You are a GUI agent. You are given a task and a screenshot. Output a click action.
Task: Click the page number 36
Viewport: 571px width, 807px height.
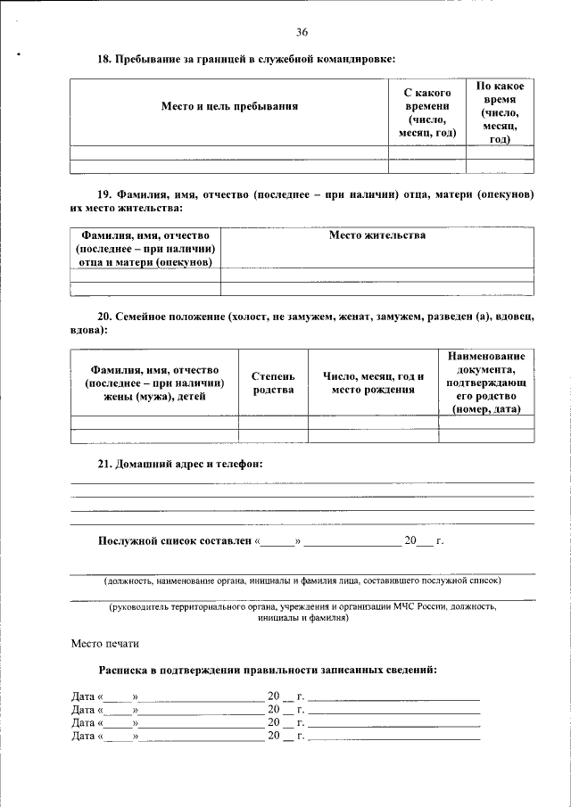point(302,33)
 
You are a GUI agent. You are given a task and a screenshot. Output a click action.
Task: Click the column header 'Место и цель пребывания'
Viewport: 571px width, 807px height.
point(229,106)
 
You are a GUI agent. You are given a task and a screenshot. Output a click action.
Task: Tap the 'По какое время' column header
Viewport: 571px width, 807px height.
point(500,112)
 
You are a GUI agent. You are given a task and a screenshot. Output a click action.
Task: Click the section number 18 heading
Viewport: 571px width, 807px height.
point(104,59)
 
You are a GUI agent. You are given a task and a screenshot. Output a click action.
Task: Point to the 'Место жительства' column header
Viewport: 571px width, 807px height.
point(377,235)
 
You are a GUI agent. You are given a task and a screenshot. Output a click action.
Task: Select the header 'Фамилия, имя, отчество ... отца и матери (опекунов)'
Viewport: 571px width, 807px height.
point(145,249)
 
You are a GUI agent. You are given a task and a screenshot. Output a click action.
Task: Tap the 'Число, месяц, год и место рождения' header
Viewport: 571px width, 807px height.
point(373,383)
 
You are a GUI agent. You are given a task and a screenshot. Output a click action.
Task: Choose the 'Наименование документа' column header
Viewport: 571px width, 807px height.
point(486,383)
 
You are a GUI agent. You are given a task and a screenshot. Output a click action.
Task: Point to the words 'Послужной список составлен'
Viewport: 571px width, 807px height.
point(174,541)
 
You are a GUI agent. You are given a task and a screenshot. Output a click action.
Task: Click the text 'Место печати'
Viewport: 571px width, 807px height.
point(104,643)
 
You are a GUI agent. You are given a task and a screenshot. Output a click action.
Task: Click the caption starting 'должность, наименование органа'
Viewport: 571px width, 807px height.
point(302,581)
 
